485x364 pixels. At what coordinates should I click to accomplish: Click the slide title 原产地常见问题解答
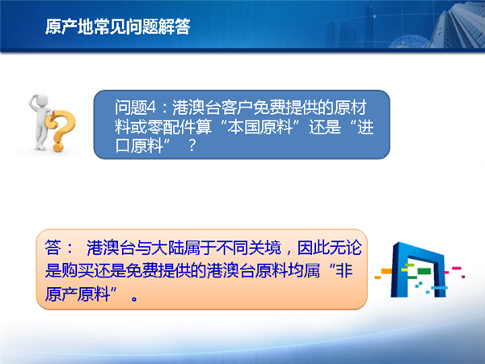pyautogui.click(x=118, y=27)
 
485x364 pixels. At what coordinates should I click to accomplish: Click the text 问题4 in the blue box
pyautogui.click(x=136, y=108)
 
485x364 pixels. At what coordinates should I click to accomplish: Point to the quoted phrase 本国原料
pyautogui.click(x=259, y=127)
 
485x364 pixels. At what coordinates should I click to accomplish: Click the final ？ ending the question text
pyautogui.click(x=192, y=145)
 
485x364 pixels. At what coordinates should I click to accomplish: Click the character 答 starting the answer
pyautogui.click(x=53, y=248)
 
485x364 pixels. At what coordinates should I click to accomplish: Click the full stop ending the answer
pyautogui.click(x=134, y=298)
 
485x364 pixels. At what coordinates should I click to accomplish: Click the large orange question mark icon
pyautogui.click(x=61, y=130)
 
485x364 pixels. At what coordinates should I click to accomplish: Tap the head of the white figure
pyautogui.click(x=41, y=100)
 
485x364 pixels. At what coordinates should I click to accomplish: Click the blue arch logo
pyautogui.click(x=418, y=269)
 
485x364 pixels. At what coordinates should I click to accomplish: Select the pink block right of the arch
pyautogui.click(x=457, y=268)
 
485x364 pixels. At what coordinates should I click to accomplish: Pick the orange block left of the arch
pyautogui.click(x=386, y=272)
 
